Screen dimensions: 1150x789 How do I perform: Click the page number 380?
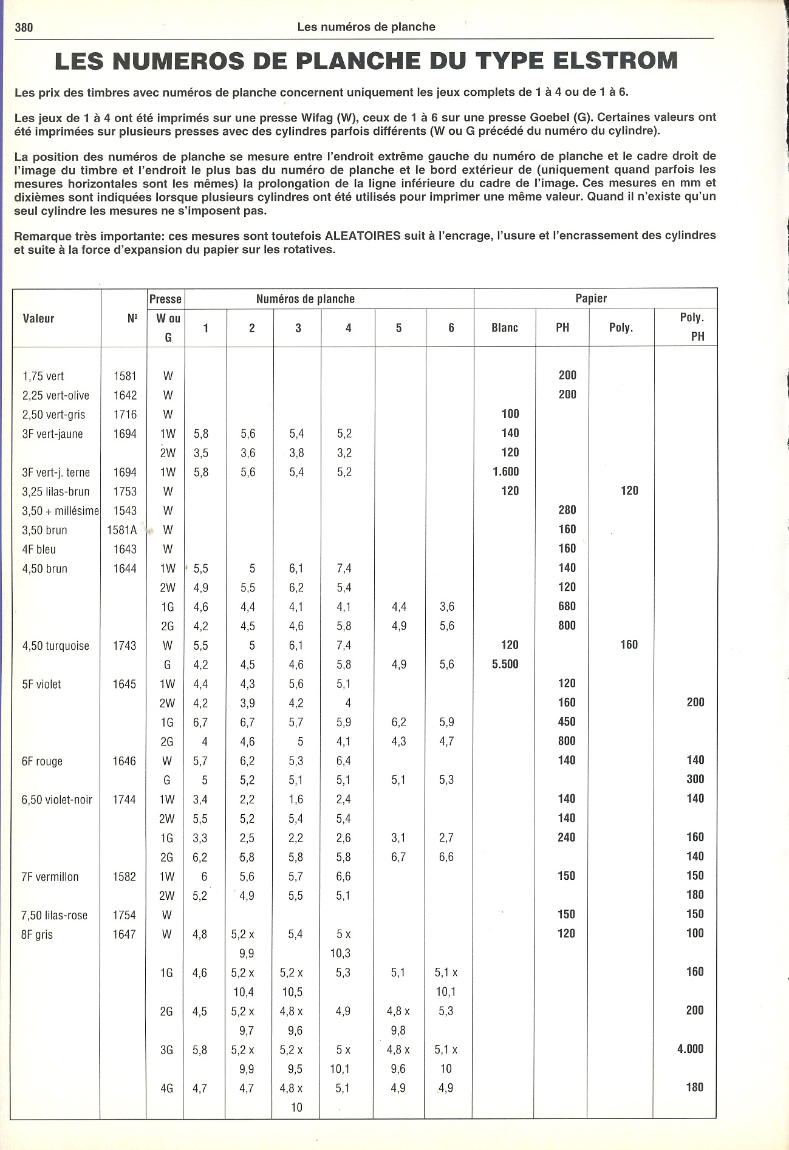(x=24, y=27)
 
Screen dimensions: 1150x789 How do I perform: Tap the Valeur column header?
(x=38, y=319)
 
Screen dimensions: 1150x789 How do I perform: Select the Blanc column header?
(x=505, y=328)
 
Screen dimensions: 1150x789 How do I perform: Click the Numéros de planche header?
(x=305, y=299)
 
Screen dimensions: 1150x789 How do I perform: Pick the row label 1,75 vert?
(x=43, y=376)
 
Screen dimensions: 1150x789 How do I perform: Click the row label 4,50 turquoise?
(x=55, y=646)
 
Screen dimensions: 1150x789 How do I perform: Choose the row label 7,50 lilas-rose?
(x=55, y=916)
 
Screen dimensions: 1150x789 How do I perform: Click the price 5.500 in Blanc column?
(x=505, y=664)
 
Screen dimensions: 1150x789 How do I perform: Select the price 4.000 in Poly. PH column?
(x=690, y=1049)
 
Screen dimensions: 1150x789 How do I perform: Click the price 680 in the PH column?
(x=567, y=607)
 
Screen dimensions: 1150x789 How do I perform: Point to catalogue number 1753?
(x=125, y=492)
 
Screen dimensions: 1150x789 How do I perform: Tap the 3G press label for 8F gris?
(x=166, y=1050)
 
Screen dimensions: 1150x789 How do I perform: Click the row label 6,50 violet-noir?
(x=57, y=800)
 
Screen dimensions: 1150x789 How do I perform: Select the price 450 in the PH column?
(x=567, y=722)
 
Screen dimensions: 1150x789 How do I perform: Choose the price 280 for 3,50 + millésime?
(x=567, y=510)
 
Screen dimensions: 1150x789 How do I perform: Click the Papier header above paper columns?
(x=591, y=298)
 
